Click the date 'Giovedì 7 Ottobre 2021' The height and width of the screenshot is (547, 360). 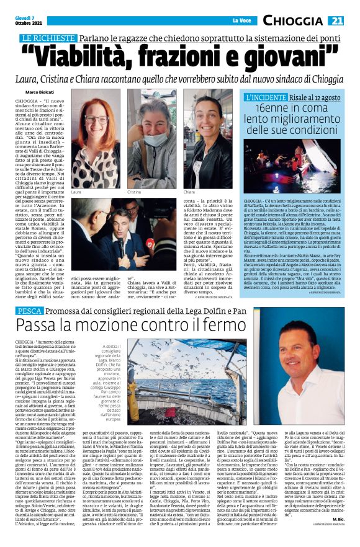coord(25,21)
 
